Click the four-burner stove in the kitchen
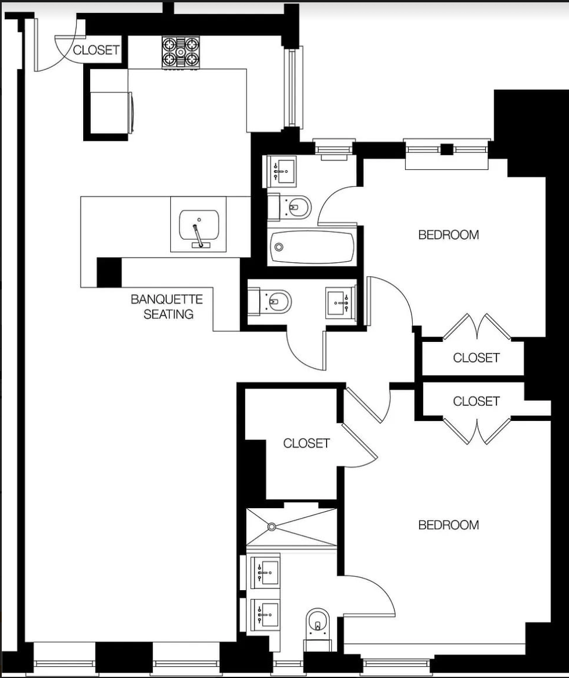(x=180, y=52)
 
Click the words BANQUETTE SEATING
(x=167, y=306)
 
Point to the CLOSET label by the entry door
(x=96, y=50)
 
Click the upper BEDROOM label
(x=449, y=235)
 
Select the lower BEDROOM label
(x=449, y=525)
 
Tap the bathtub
(x=312, y=247)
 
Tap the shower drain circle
(x=271, y=527)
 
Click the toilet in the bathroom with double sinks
(x=317, y=623)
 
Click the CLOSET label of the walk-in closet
(x=306, y=443)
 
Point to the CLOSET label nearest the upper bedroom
(x=476, y=358)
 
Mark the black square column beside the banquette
(x=109, y=272)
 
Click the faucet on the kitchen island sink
(x=198, y=237)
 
